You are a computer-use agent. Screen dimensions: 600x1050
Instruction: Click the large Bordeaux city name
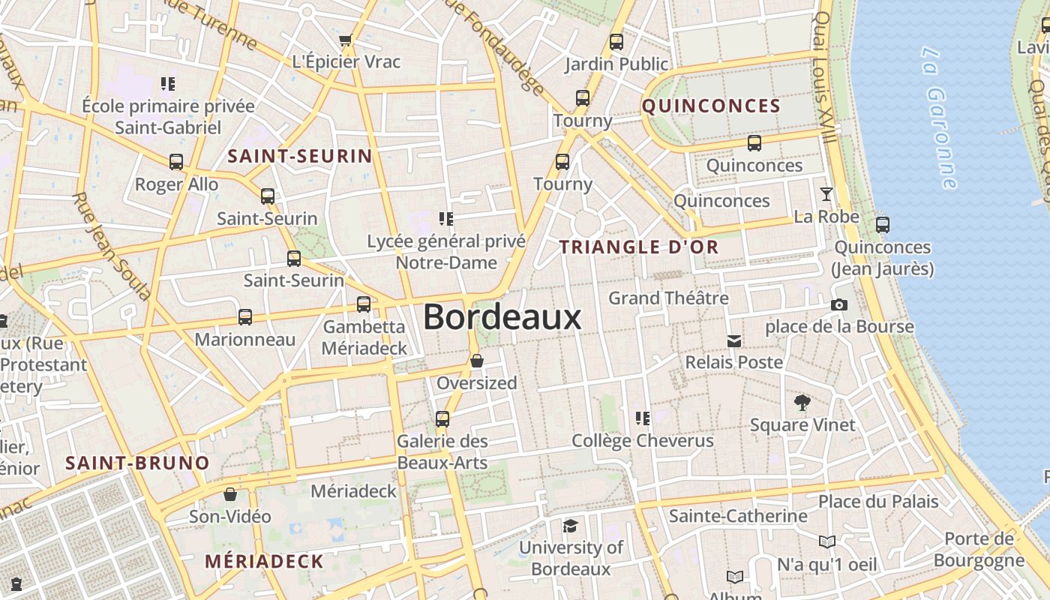tap(502, 317)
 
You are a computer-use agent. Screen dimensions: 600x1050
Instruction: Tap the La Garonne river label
tap(940, 118)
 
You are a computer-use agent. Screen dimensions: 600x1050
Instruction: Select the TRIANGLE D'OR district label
tap(639, 247)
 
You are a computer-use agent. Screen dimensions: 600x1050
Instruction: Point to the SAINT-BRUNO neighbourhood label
tap(137, 463)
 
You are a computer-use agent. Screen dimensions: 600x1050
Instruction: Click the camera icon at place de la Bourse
tap(839, 304)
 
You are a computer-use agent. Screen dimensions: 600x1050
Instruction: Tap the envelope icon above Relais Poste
tap(734, 341)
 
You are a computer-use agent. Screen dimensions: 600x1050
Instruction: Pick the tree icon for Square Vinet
tap(802, 403)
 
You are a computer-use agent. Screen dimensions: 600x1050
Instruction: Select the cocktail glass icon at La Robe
tap(826, 194)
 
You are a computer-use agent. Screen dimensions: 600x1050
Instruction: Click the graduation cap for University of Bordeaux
tap(571, 526)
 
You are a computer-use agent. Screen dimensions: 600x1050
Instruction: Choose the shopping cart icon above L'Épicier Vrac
tap(346, 40)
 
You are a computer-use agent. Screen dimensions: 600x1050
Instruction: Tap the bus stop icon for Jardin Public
tap(616, 42)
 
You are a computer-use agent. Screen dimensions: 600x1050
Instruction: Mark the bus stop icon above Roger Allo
tap(176, 162)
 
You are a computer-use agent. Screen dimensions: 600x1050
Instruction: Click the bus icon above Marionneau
tap(245, 317)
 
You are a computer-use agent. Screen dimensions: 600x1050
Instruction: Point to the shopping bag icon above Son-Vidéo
tap(230, 494)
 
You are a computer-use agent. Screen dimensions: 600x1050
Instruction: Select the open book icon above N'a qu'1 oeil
tap(827, 541)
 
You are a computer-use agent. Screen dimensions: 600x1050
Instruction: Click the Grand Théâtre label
tap(668, 298)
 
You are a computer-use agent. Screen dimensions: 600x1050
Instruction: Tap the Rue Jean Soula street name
tap(112, 244)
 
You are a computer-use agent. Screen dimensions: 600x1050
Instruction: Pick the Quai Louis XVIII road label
tap(823, 79)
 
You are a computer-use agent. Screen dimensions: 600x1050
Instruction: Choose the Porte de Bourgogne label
tap(979, 550)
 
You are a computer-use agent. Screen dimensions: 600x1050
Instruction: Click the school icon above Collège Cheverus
tap(643, 418)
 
